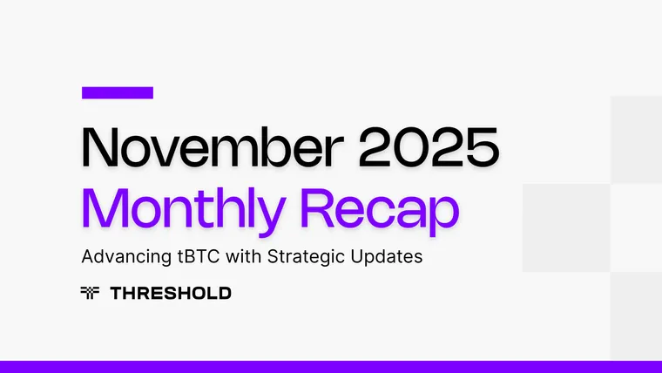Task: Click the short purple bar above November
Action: (117, 92)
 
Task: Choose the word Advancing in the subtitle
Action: (120, 259)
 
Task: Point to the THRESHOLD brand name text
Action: (171, 294)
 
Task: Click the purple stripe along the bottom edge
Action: (331, 367)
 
